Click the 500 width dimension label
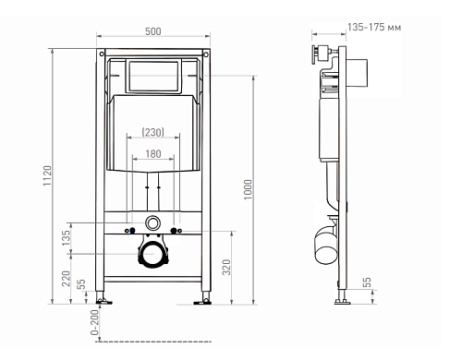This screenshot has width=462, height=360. pyautogui.click(x=153, y=31)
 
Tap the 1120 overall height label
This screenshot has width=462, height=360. pyautogui.click(x=47, y=175)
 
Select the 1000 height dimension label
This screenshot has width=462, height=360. pyautogui.click(x=248, y=189)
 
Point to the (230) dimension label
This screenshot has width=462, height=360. pyautogui.click(x=153, y=132)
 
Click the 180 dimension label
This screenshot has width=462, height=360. pyautogui.click(x=153, y=154)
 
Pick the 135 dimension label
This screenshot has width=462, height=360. pyautogui.click(x=66, y=238)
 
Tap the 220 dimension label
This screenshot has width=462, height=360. pyautogui.click(x=66, y=279)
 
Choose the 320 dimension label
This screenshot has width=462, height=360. pyautogui.click(x=226, y=268)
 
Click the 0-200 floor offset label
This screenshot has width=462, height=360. pyautogui.click(x=94, y=322)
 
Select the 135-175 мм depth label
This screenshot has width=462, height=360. pyautogui.click(x=374, y=27)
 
